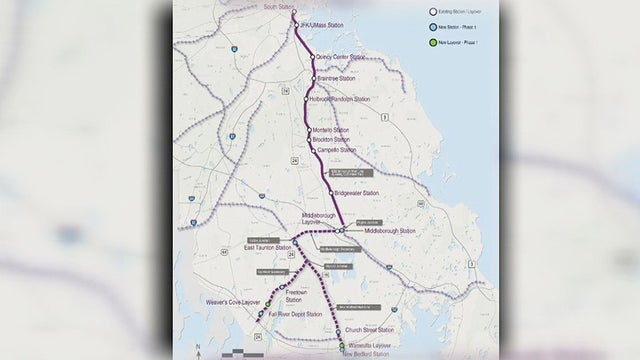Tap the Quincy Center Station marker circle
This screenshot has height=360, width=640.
click(x=312, y=57)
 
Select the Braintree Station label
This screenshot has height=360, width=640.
click(x=334, y=77)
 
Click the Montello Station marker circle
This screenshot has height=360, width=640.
click(x=310, y=130)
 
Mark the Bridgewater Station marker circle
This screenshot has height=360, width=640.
click(x=331, y=193)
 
